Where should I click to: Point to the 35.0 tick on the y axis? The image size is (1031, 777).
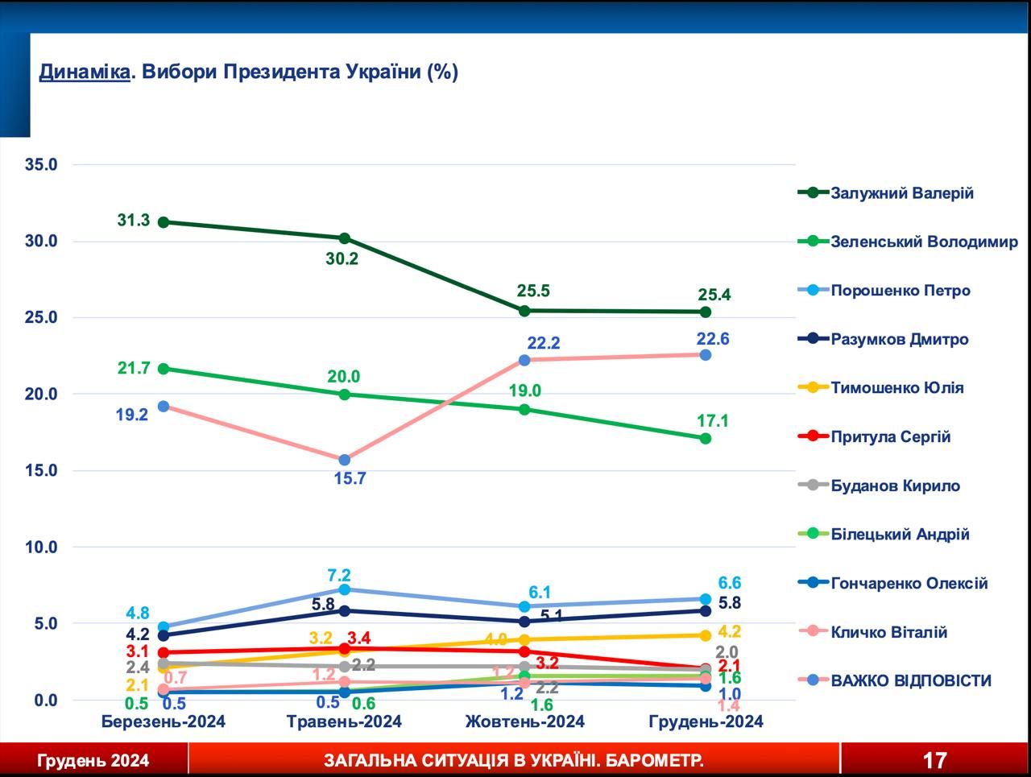(x=41, y=165)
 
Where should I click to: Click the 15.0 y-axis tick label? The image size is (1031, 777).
(x=41, y=470)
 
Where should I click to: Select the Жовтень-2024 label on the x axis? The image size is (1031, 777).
(x=524, y=721)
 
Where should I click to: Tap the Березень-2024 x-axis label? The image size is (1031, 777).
(x=163, y=721)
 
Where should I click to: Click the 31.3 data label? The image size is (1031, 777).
(x=134, y=220)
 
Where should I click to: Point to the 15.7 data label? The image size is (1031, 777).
(x=350, y=478)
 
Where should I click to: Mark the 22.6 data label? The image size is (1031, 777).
(x=713, y=339)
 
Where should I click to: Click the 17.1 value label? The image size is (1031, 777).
(x=713, y=420)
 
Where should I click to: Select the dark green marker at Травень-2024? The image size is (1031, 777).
(x=345, y=238)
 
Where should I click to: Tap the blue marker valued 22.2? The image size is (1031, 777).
(x=524, y=360)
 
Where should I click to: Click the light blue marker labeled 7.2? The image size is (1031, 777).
(x=345, y=589)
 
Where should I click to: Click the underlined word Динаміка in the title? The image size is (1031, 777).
(x=85, y=72)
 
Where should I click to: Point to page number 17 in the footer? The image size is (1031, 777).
(x=934, y=760)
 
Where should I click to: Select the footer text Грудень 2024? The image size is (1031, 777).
(x=93, y=761)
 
